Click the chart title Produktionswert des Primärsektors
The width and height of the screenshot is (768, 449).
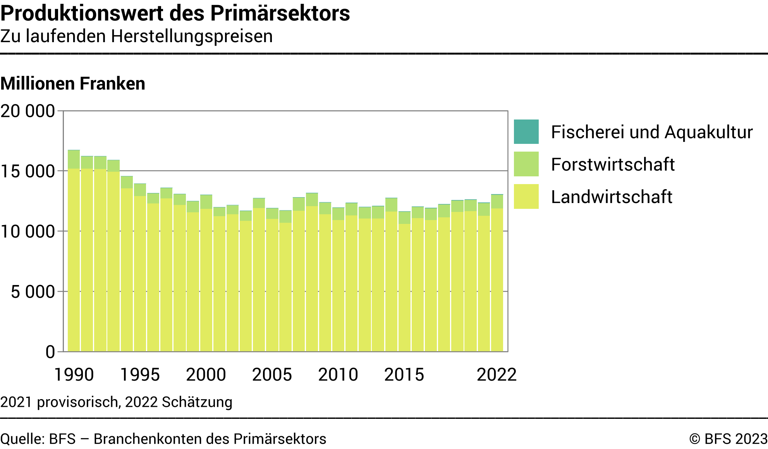click(x=175, y=14)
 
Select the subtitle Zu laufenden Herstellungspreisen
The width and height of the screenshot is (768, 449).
click(x=136, y=36)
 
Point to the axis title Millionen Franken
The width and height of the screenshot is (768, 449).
click(x=73, y=84)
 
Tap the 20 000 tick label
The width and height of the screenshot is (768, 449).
click(x=28, y=111)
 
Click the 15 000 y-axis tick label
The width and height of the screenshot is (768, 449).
click(x=28, y=171)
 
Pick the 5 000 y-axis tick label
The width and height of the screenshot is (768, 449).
click(x=33, y=292)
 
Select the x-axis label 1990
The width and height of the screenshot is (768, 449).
click(x=74, y=374)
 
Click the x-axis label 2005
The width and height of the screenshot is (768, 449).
click(x=272, y=374)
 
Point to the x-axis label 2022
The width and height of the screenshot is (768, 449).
click(x=497, y=374)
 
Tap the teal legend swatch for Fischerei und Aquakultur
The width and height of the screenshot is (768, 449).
click(x=526, y=132)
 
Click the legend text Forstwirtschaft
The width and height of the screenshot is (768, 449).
click(x=613, y=164)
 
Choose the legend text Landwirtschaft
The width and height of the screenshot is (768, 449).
click(x=612, y=197)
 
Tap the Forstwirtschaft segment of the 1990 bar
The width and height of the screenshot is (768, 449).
click(x=74, y=159)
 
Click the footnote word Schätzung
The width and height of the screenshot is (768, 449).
click(x=197, y=402)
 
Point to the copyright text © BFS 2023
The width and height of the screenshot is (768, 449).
click(x=728, y=439)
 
